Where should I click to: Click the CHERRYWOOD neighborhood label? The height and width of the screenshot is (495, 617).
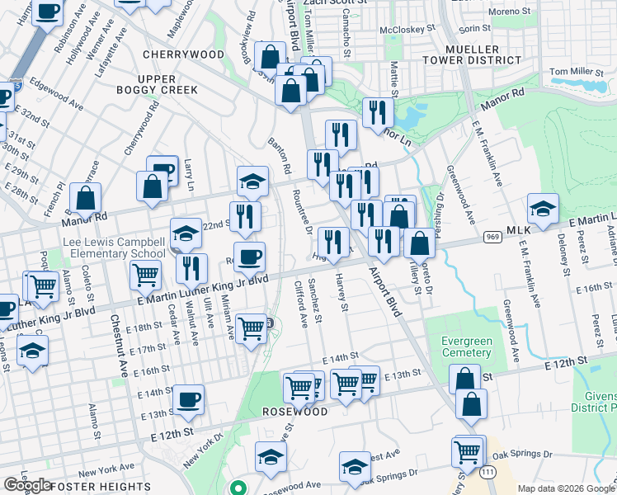click(x=183, y=54)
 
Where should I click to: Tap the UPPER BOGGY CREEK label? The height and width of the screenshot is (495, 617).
click(x=146, y=83)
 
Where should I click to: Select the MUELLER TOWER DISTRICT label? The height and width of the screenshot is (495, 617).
click(x=473, y=53)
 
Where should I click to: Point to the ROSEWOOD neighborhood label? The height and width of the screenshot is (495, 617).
click(x=295, y=411)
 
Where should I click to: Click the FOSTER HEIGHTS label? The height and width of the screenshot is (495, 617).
click(x=99, y=486)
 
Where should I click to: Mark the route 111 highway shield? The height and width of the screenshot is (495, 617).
click(x=489, y=470)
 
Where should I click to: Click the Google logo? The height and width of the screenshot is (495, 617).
click(x=28, y=485)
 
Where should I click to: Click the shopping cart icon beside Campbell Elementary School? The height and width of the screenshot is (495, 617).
click(x=146, y=275)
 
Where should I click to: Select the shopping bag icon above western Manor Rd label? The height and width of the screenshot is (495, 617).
click(x=86, y=198)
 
